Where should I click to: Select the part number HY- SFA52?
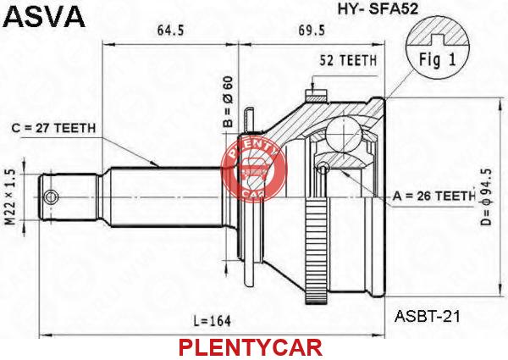coord(378,8)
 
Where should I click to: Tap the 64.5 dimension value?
coord(171,30)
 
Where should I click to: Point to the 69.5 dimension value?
coord(312,30)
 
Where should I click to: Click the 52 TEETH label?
coord(348,61)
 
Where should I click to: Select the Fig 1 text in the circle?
coord(438,59)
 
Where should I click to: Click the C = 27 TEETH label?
coord(54,128)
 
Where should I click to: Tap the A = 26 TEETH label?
coord(434,196)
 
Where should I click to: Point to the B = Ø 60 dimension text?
coord(228,102)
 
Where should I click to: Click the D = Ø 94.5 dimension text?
coord(486,197)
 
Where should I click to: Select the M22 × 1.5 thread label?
coord(11,197)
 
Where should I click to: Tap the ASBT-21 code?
coord(427,316)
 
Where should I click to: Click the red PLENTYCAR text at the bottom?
coord(251,348)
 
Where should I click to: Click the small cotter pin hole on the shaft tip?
coord(51,197)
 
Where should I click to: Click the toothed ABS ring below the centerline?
coord(316,252)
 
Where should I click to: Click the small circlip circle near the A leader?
coord(323,168)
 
